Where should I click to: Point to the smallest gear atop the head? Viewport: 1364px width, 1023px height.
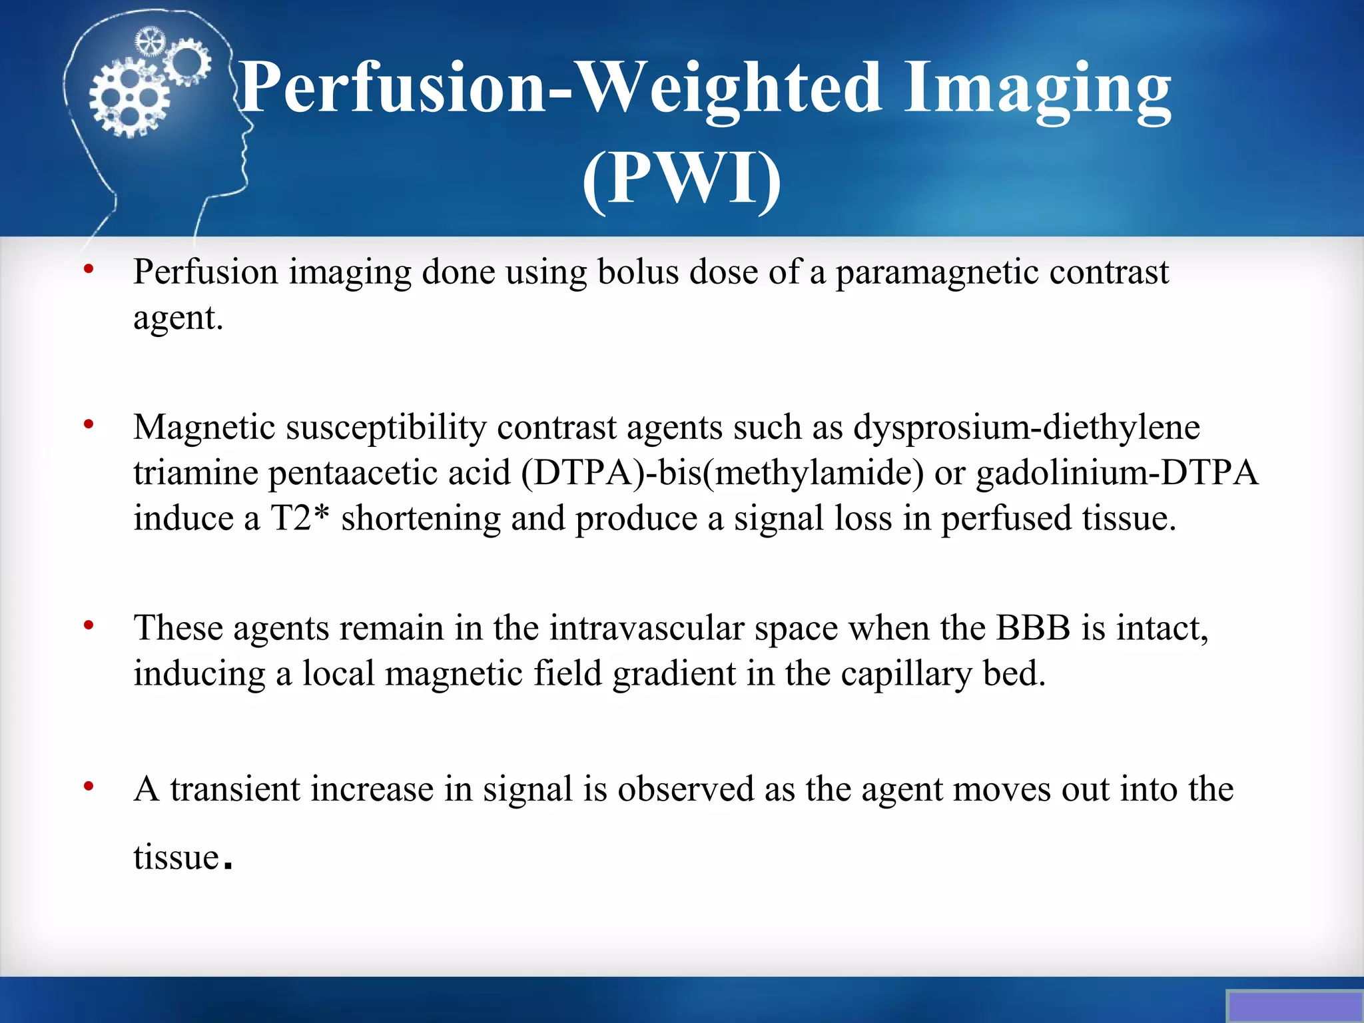[149, 42]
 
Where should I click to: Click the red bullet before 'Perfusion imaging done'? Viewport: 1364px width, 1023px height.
[89, 270]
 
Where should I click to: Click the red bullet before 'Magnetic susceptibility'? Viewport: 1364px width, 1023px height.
[89, 424]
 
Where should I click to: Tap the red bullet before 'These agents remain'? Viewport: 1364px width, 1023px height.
[89, 625]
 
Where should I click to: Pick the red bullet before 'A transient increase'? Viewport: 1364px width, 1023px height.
[89, 787]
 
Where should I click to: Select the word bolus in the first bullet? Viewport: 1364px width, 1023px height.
[637, 272]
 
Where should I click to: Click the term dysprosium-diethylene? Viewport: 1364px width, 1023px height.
[1026, 428]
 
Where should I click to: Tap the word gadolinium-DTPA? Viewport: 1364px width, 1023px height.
[1117, 474]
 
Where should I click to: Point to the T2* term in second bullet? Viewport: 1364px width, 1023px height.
[299, 518]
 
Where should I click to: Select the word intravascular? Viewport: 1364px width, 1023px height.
[646, 628]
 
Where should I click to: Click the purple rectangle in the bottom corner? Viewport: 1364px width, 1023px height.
[1293, 1006]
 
